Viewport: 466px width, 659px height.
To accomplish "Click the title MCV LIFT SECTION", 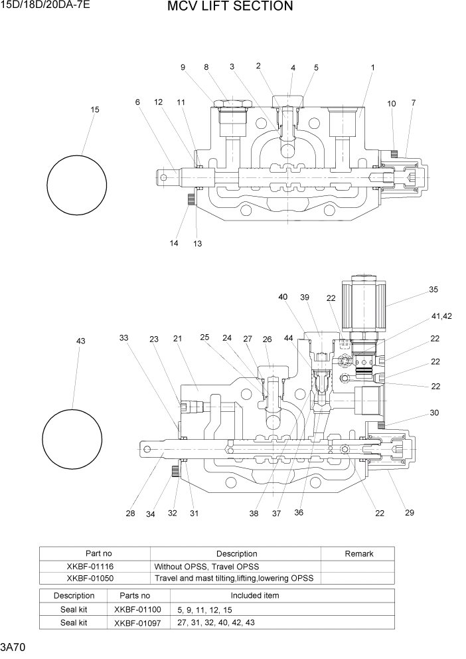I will (230, 7).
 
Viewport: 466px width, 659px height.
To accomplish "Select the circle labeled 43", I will (72, 439).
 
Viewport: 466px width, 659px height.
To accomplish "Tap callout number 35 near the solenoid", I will (433, 290).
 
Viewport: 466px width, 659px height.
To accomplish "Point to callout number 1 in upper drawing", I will (373, 68).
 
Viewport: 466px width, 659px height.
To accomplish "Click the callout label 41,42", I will (441, 316).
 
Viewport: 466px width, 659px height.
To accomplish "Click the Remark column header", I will (358, 553).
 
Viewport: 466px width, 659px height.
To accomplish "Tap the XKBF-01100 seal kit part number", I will (137, 609).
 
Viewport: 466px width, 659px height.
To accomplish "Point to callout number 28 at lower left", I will (129, 513).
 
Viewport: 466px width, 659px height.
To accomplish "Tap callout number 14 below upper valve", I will (174, 243).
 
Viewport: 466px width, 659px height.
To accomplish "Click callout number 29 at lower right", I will (410, 513).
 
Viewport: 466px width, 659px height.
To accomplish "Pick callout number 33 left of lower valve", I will (123, 338).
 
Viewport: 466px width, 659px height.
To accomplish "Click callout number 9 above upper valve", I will (183, 67).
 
